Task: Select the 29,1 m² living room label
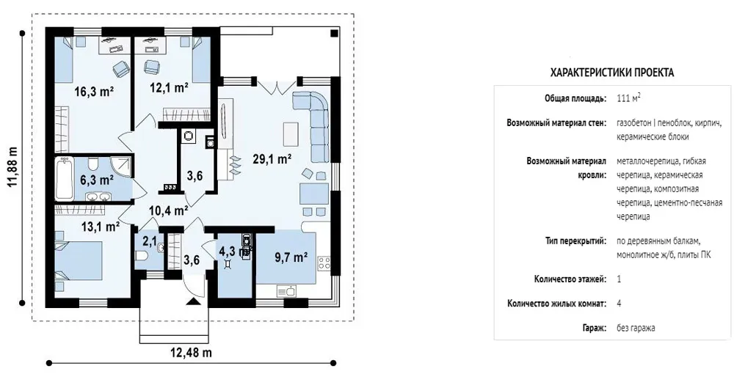click(x=272, y=159)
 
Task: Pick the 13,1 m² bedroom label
click(x=100, y=227)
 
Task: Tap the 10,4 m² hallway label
click(x=169, y=211)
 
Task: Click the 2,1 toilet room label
click(x=149, y=241)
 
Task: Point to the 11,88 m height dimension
click(x=12, y=168)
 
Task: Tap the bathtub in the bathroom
click(x=65, y=179)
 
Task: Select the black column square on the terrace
click(x=334, y=33)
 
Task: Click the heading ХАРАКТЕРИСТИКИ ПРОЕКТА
click(x=612, y=73)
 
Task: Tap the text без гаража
click(x=636, y=328)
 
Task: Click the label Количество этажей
click(x=570, y=279)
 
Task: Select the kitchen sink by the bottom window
click(x=286, y=292)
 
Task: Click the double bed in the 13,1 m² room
click(x=79, y=260)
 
